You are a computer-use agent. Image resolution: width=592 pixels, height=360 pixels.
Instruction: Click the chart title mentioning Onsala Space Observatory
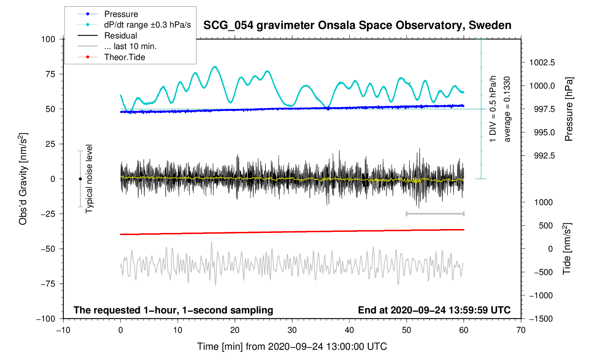(357, 25)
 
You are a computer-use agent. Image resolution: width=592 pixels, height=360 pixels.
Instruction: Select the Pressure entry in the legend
(121, 14)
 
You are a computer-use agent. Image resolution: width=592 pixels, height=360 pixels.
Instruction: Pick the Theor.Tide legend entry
(124, 57)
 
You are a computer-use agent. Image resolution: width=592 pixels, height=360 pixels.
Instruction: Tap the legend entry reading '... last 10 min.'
(130, 46)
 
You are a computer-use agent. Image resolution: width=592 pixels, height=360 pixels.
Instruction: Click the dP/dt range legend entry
(147, 25)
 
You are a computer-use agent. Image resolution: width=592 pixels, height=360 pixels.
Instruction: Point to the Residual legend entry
(120, 36)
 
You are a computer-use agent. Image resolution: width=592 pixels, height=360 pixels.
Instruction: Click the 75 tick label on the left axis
(48, 74)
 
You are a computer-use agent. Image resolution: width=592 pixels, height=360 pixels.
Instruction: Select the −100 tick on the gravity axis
(46, 319)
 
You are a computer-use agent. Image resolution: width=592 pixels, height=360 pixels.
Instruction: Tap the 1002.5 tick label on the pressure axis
(542, 62)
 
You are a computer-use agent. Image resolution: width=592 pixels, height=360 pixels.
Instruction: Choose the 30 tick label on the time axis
(292, 330)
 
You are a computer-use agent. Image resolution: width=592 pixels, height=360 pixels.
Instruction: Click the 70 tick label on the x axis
(521, 330)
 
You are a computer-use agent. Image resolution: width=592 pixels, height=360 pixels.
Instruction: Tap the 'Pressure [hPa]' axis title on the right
(568, 109)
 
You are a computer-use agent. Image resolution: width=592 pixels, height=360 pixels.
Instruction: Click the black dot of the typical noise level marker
(80, 179)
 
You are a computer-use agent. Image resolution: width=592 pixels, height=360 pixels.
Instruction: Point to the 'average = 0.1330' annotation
(507, 109)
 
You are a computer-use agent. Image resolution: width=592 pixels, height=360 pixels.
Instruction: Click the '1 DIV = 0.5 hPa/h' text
(493, 109)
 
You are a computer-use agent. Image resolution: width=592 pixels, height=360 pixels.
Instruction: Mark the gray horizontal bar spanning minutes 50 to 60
(435, 214)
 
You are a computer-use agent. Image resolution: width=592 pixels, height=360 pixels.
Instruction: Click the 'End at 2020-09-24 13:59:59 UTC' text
(434, 310)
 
